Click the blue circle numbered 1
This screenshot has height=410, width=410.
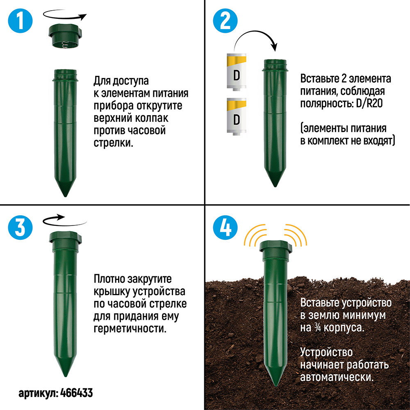20,20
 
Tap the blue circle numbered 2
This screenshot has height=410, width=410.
225,20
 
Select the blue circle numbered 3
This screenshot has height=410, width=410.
20,227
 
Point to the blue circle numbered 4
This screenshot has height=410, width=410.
225,227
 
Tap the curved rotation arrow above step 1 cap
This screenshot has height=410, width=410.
65,15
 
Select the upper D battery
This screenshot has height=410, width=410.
237,72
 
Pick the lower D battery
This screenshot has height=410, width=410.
237,116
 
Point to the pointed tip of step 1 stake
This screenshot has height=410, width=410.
65,196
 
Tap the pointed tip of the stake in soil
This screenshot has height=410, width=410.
276,385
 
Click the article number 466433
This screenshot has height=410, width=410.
76,393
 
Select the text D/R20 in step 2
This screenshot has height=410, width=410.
369,104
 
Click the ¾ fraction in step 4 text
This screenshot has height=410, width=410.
317,328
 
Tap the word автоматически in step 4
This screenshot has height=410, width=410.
337,377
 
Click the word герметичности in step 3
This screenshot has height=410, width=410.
130,328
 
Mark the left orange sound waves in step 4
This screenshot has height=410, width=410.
255,235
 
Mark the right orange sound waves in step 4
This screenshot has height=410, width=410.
296,235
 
